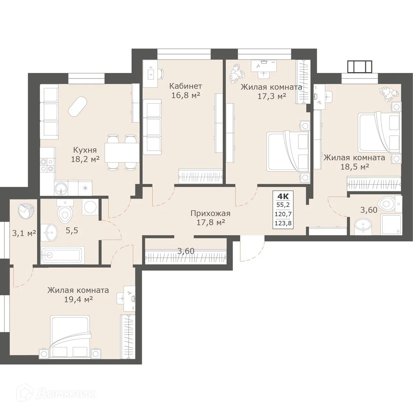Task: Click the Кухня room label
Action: [85, 150]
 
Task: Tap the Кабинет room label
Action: [186, 86]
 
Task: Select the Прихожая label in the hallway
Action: [210, 213]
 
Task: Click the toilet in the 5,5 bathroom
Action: [65, 212]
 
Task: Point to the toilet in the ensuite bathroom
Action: [388, 204]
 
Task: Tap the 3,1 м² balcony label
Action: [24, 233]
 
